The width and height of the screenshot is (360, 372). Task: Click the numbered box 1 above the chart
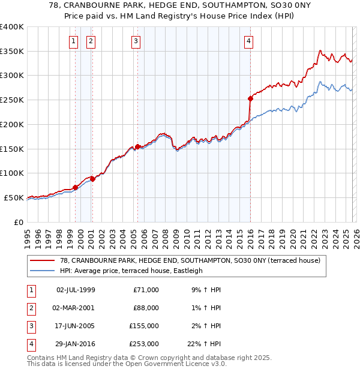[x=73, y=41]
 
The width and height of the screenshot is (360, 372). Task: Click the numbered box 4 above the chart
[x=248, y=41]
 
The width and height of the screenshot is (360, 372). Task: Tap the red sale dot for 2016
[x=250, y=98]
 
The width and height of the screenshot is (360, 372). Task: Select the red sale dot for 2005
[x=137, y=146]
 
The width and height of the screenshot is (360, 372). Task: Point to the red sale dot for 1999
[x=75, y=187]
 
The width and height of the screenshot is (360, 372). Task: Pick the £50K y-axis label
[x=14, y=197]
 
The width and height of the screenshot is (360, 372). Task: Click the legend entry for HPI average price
[x=131, y=271]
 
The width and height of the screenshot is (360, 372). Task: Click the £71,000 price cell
[x=145, y=290]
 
